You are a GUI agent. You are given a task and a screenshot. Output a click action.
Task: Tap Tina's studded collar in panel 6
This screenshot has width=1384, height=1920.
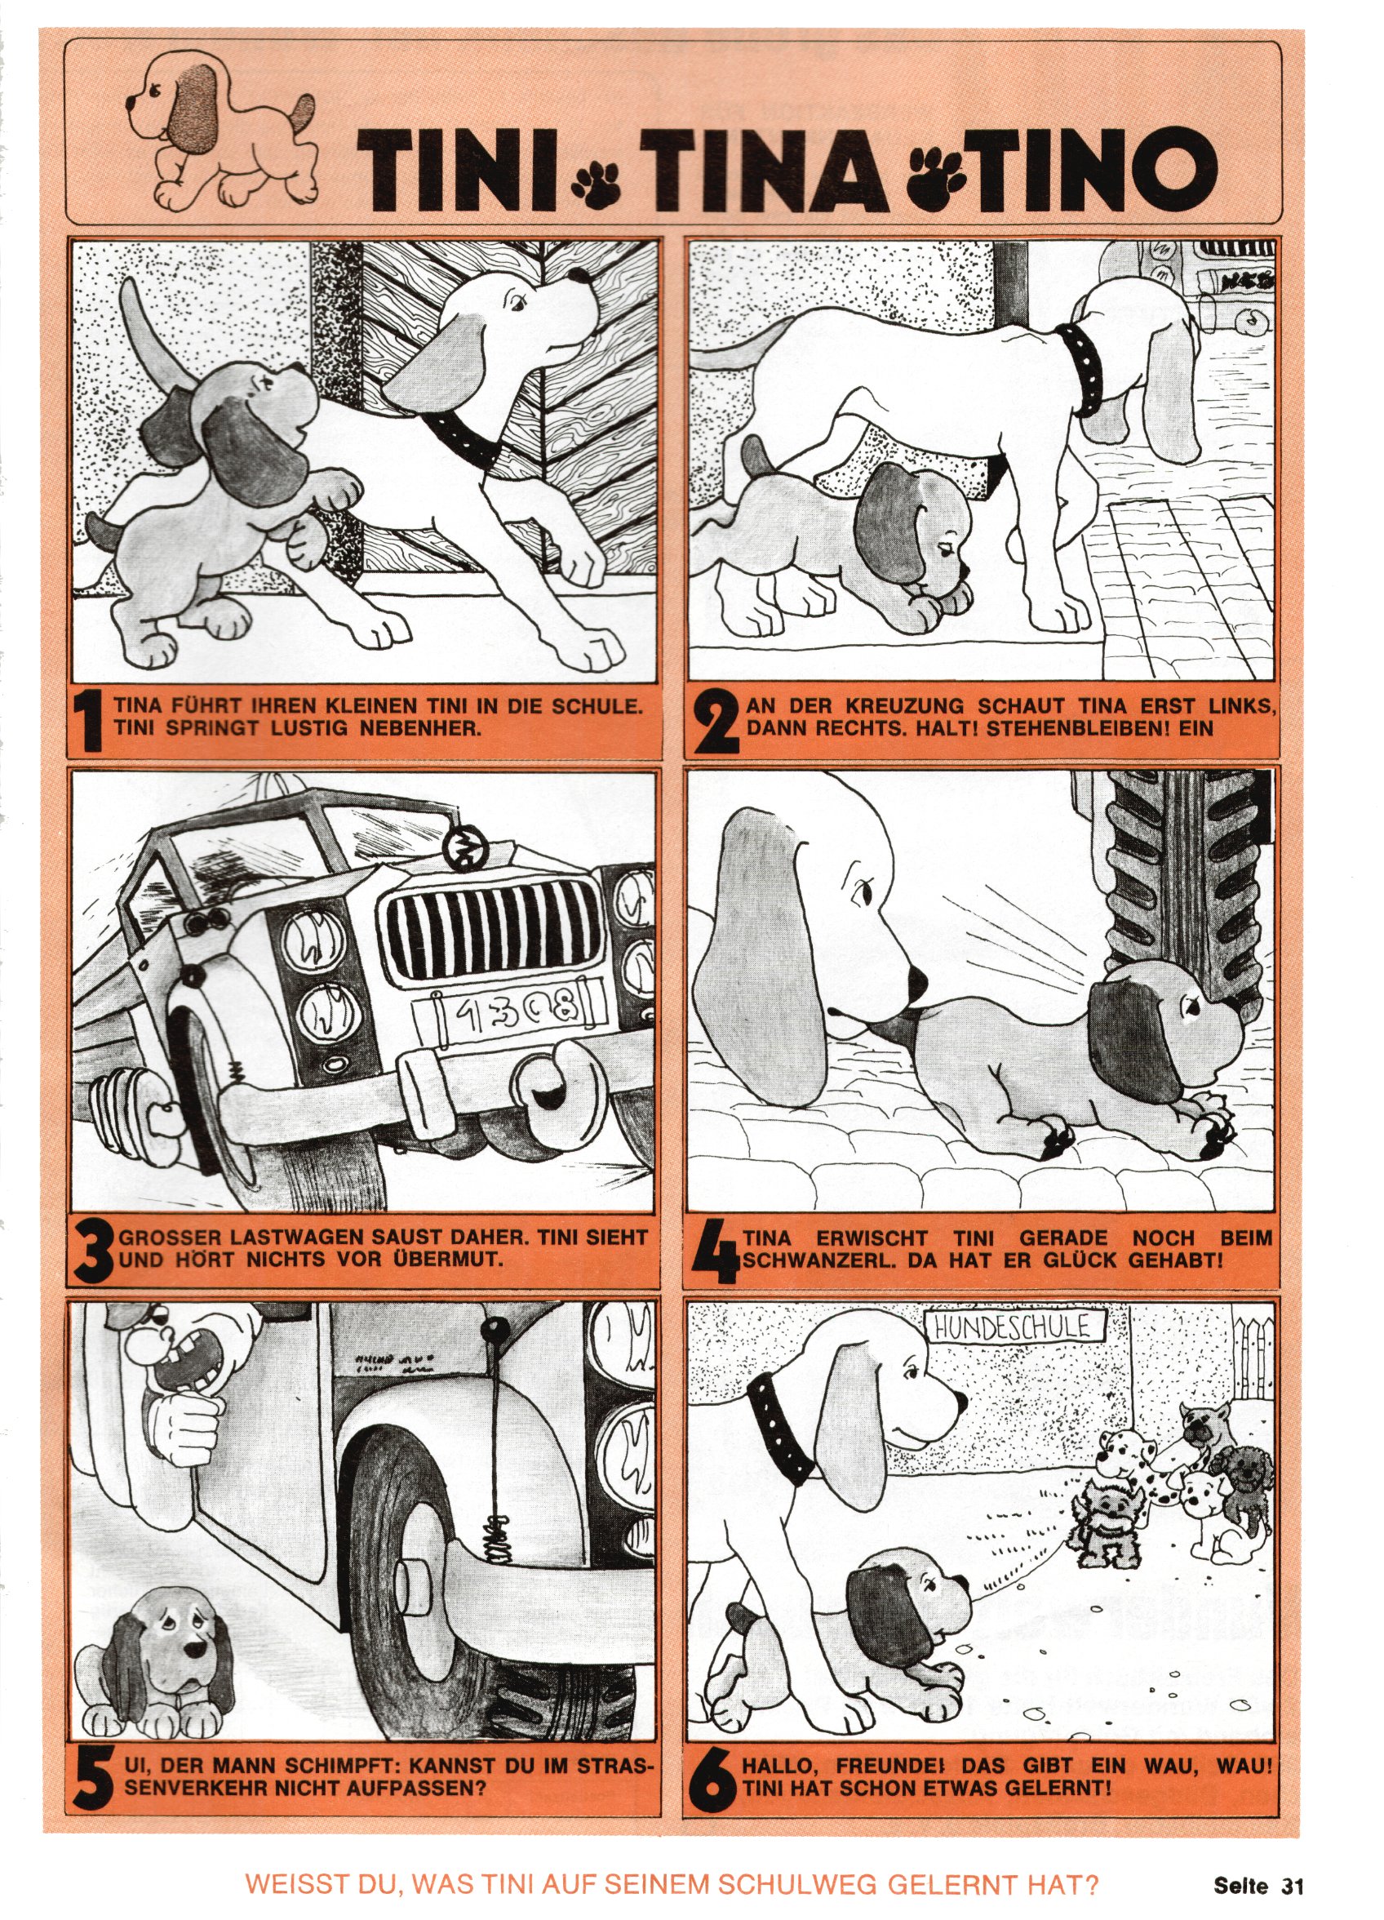(780, 1443)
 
